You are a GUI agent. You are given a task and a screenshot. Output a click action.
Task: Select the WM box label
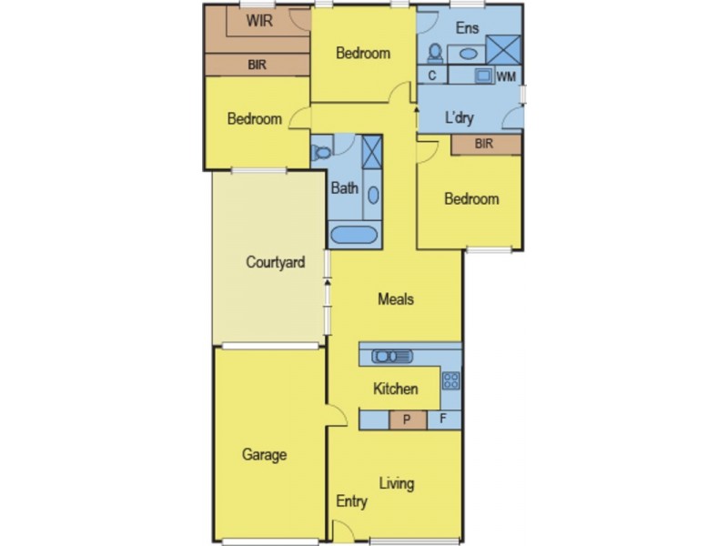point(506,76)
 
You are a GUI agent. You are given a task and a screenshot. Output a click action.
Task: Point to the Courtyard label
point(275,262)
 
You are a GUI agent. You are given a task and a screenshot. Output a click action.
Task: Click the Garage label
point(265,454)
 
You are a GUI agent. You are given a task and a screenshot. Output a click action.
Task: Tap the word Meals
point(397,298)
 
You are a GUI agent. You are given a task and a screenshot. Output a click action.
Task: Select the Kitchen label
point(396,389)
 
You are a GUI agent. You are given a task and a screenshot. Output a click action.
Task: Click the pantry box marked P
point(408,420)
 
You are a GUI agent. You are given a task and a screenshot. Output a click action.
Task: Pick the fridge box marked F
point(444,420)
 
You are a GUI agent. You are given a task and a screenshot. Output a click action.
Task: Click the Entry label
point(351,500)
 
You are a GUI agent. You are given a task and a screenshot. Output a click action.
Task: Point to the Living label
point(396,482)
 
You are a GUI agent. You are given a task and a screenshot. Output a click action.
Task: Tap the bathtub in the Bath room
point(353,236)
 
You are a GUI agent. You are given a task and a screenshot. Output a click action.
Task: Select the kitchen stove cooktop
point(451,379)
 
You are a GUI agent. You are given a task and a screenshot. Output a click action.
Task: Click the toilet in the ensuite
point(435,52)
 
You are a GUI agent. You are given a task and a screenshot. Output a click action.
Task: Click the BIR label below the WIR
point(258,65)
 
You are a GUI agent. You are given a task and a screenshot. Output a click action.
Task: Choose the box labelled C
point(431,76)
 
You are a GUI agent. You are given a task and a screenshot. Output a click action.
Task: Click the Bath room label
point(344,189)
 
